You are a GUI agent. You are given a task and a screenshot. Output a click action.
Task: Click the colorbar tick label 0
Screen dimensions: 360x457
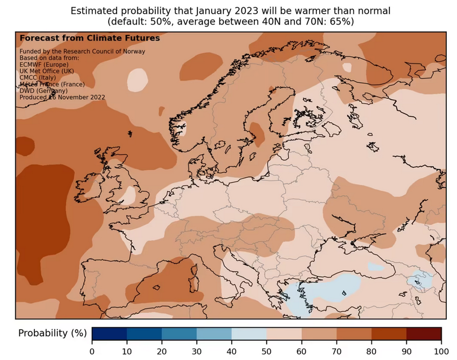92,352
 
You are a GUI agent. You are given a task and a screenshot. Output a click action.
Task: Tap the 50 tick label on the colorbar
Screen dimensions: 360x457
267,352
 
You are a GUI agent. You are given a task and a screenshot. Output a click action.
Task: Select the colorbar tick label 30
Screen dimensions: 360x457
197,352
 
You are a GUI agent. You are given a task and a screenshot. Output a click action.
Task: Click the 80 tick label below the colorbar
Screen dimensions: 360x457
371,352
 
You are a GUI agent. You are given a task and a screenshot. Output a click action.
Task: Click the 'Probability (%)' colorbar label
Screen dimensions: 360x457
52,334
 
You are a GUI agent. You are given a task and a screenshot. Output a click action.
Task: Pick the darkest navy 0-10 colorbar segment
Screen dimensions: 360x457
110,334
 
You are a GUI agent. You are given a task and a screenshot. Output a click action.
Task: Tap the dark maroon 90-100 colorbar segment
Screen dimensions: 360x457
424,334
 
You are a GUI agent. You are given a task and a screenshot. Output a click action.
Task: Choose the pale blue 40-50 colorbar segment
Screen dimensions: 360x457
249,334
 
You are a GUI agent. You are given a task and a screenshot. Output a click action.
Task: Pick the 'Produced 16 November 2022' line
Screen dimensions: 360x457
62,97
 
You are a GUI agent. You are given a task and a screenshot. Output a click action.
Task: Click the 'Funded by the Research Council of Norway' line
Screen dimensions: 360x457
82,52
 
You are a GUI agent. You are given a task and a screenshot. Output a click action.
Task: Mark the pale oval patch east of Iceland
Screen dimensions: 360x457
136,80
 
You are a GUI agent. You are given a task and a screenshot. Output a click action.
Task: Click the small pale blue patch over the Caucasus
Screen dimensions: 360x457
422,278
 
